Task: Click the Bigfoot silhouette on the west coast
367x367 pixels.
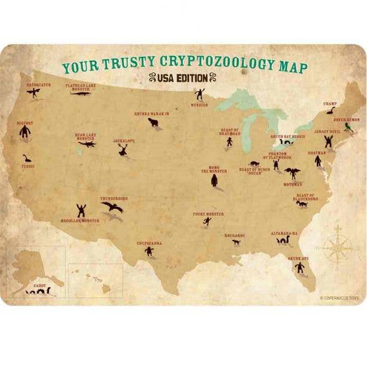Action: (x=26, y=134)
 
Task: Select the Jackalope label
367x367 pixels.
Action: (x=124, y=141)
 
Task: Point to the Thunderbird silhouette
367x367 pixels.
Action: (x=112, y=206)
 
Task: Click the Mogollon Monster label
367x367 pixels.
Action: (x=80, y=220)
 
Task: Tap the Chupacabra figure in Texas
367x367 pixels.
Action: (x=149, y=251)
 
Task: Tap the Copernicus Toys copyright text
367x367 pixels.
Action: (x=340, y=297)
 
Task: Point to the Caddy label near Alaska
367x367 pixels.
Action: (x=39, y=286)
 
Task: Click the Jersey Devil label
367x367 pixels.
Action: (x=326, y=131)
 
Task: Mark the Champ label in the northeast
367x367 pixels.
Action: (x=330, y=103)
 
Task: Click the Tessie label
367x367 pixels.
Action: (x=27, y=166)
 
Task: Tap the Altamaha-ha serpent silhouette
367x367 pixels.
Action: (x=283, y=241)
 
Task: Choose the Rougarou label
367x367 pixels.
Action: (x=235, y=235)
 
